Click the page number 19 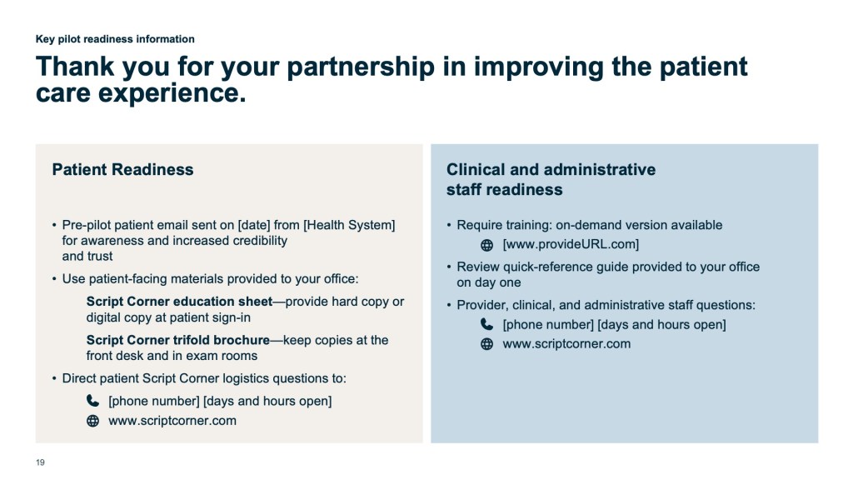(x=40, y=462)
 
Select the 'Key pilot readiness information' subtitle (x=115, y=39)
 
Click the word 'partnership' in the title (x=361, y=68)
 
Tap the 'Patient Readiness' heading (x=123, y=170)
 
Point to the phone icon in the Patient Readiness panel (x=93, y=401)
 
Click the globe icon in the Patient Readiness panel (x=93, y=421)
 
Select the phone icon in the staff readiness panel (x=486, y=324)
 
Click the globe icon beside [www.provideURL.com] (x=486, y=245)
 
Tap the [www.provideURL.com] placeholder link (x=571, y=244)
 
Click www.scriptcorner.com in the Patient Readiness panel (x=172, y=421)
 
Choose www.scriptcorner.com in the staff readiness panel (x=566, y=344)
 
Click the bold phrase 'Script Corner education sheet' (x=180, y=302)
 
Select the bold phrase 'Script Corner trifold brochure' (x=178, y=340)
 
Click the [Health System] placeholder (x=349, y=225)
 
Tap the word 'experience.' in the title (x=172, y=93)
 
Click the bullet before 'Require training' (x=449, y=225)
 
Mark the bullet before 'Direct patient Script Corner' (x=54, y=378)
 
